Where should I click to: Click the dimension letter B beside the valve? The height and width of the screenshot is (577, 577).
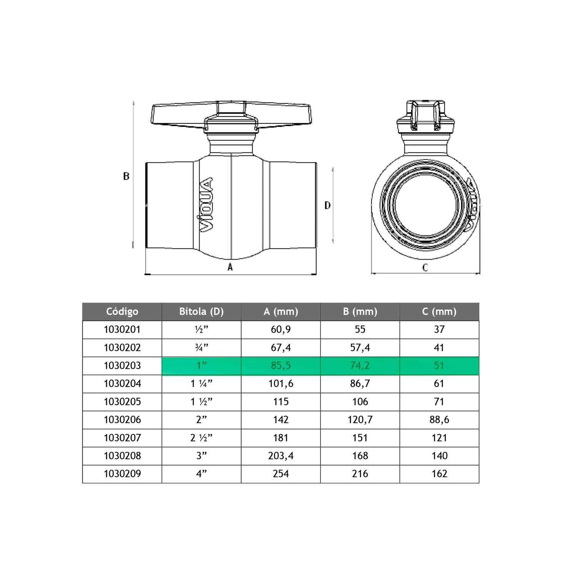coord(126,176)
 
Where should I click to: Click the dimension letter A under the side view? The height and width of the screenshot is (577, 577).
coord(230,267)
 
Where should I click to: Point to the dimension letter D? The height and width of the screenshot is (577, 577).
coord(327,205)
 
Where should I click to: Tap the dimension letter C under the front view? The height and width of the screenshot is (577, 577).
coord(425,267)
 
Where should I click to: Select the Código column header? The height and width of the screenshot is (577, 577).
coord(122,312)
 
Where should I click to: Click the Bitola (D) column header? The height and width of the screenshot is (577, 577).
coord(201,312)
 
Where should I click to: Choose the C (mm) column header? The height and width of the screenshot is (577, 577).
coord(439,312)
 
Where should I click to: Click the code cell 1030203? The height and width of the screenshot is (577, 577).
coord(122,365)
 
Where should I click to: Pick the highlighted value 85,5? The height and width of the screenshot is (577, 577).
coord(281,365)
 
